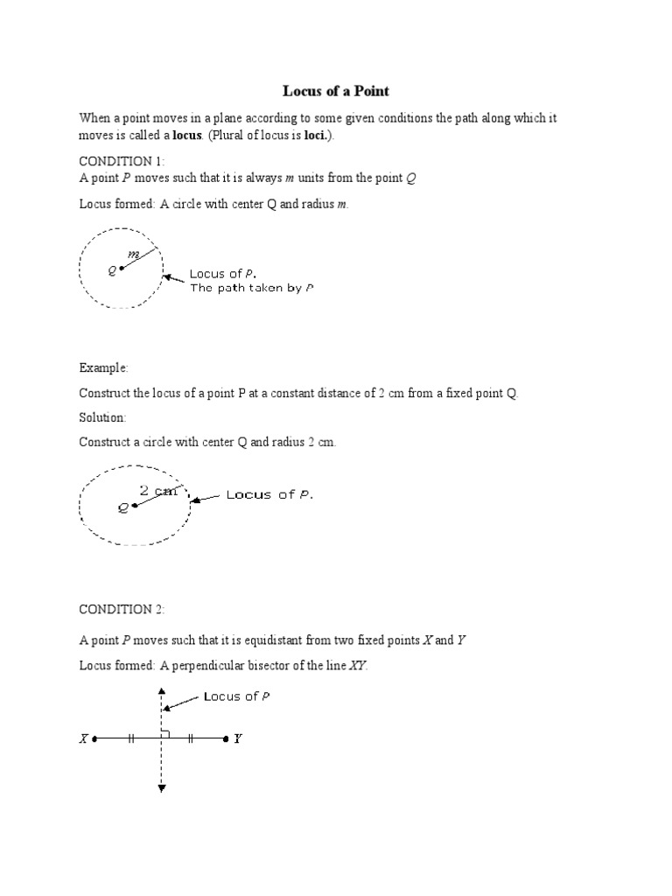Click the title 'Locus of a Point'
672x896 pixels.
[336, 90]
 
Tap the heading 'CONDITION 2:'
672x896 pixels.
[115, 609]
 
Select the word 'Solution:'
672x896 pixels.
[103, 418]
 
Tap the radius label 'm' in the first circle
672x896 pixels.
[134, 254]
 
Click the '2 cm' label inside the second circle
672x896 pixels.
[158, 491]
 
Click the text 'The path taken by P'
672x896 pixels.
[252, 288]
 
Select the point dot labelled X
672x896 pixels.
[94, 738]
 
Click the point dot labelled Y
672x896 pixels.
[227, 738]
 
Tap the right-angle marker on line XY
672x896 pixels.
[166, 734]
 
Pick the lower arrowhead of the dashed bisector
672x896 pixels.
[162, 788]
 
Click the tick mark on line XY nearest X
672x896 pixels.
[130, 738]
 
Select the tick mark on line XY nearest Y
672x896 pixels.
[190, 738]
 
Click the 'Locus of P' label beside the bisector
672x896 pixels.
[236, 696]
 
